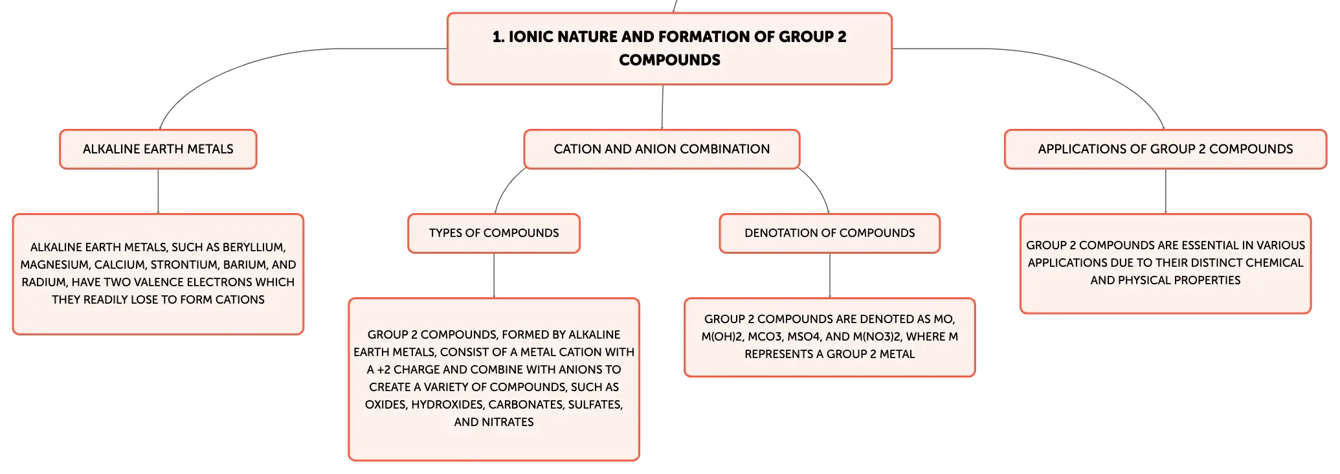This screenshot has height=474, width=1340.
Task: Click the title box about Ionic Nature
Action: pos(669,49)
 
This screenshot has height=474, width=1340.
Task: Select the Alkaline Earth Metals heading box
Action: pos(158,149)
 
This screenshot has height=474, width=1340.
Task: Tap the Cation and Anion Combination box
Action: pos(662,149)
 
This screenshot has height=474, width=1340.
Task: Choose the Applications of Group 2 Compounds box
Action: pos(1165,149)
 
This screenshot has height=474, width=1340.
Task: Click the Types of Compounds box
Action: pos(494,233)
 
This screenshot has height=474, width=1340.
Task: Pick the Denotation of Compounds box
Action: pos(829,233)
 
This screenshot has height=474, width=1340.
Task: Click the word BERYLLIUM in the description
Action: pos(254,247)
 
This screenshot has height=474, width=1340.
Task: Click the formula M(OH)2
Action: pos(721,337)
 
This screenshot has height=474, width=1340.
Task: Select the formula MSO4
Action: pos(802,337)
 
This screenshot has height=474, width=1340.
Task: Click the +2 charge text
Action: pos(383,370)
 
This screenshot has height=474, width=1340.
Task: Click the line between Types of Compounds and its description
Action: pos(494,276)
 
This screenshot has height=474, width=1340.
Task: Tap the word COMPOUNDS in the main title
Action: pos(669,60)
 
